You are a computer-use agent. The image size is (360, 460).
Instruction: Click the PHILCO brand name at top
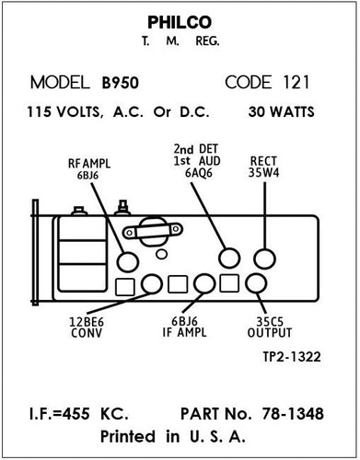pyautogui.click(x=180, y=21)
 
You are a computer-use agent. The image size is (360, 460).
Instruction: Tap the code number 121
pyautogui.click(x=297, y=82)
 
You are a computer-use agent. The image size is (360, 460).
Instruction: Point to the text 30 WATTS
pyautogui.click(x=281, y=113)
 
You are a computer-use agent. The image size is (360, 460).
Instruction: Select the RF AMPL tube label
pyautogui.click(x=88, y=168)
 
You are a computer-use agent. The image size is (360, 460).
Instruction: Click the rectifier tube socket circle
pyautogui.click(x=266, y=257)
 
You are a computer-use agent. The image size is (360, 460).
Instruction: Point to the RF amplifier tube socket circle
pyautogui.click(x=126, y=257)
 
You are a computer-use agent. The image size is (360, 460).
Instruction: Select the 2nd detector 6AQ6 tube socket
pyautogui.click(x=227, y=257)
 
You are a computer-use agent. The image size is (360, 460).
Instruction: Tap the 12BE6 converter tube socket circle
pyautogui.click(x=152, y=283)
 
